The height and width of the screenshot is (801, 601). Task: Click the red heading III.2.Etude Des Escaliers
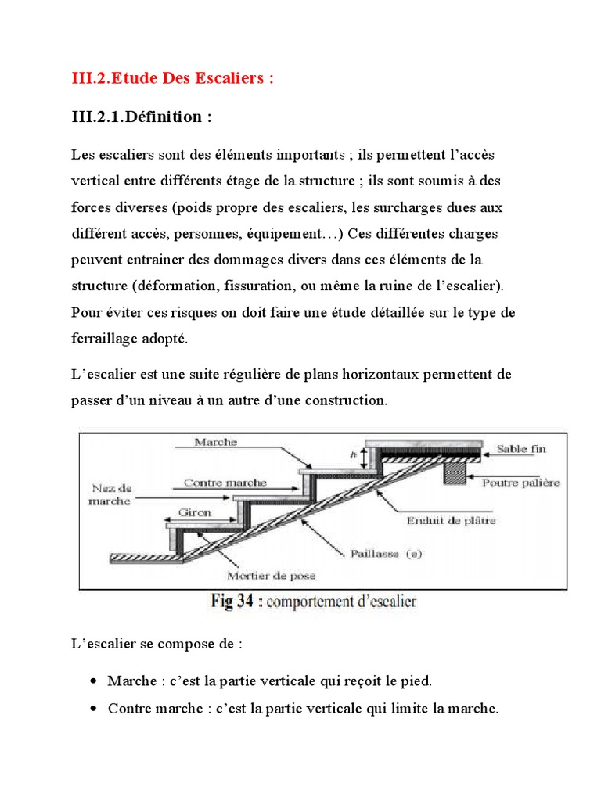tap(172, 79)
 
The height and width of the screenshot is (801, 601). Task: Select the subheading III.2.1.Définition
tap(142, 117)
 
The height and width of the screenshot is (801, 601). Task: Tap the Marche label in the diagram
tap(218, 442)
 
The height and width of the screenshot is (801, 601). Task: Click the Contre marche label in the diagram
tap(225, 483)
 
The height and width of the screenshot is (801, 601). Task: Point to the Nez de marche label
tap(110, 494)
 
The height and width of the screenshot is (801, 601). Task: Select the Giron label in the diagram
tap(196, 514)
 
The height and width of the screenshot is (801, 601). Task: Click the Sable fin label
tap(521, 449)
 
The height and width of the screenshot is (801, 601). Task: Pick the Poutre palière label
tap(520, 483)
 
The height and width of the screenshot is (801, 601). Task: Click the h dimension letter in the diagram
tap(354, 454)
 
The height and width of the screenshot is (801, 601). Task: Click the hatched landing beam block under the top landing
tap(453, 472)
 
